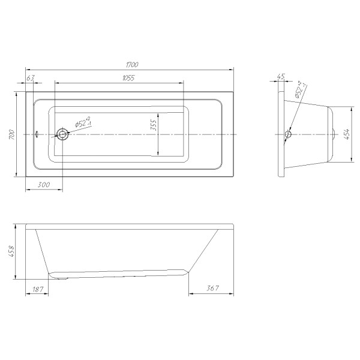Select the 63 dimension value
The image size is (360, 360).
(31, 77)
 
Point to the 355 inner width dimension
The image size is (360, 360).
(154, 125)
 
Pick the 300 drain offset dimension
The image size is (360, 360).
(43, 185)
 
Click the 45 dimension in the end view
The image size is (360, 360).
(281, 77)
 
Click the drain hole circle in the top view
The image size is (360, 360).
(62, 134)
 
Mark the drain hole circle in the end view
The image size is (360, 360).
(288, 135)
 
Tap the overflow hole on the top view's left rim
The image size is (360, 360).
(37, 134)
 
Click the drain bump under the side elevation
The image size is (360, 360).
(59, 277)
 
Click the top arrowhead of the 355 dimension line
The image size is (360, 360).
(158, 113)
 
